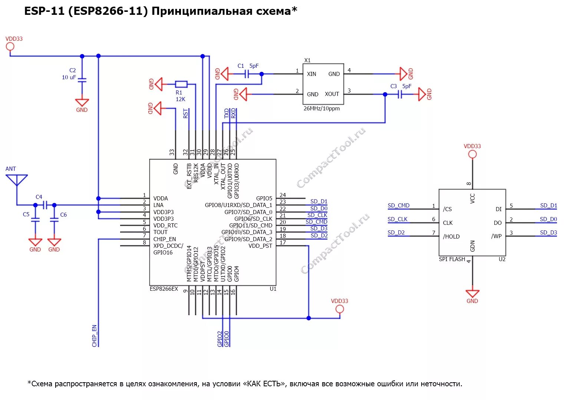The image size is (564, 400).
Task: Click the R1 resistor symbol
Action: click(x=181, y=84)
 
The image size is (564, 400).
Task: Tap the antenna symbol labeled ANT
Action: click(x=17, y=180)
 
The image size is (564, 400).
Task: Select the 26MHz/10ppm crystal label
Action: click(x=321, y=109)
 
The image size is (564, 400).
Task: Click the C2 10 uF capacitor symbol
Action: click(x=82, y=80)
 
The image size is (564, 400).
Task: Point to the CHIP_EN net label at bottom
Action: click(x=95, y=336)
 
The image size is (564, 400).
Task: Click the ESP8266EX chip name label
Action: click(x=164, y=289)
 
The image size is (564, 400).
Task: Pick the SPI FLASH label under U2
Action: click(x=452, y=259)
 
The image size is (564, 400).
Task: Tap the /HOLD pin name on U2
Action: click(x=451, y=237)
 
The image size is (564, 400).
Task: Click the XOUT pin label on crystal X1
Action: click(x=332, y=94)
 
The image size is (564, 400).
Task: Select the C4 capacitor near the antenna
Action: click(x=45, y=205)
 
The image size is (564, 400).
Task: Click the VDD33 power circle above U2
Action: click(x=472, y=154)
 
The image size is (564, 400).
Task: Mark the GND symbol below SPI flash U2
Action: click(x=472, y=294)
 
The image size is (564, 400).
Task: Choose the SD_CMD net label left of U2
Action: click(x=398, y=206)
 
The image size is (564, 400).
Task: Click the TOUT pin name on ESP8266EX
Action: click(x=161, y=232)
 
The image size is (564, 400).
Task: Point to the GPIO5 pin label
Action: click(x=264, y=199)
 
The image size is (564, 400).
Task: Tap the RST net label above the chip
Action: click(x=185, y=113)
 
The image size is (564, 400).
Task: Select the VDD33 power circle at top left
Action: click(x=10, y=46)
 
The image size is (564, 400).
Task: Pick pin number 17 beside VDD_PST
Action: click(x=283, y=243)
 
